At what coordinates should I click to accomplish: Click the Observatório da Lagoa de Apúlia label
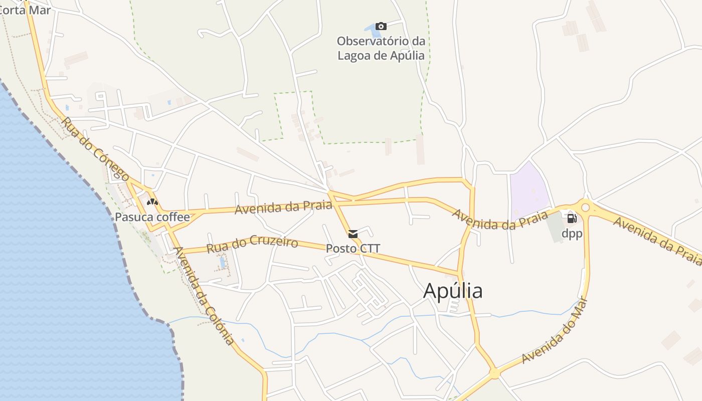381,48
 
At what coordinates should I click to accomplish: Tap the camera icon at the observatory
381,27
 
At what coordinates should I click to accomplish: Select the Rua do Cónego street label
95,149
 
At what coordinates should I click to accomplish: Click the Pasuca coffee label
152,217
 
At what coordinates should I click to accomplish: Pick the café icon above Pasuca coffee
152,202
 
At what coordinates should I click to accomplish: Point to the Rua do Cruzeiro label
252,245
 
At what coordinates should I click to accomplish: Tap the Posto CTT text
353,248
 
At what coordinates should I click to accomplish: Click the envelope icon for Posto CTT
353,234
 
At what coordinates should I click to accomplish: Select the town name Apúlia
453,291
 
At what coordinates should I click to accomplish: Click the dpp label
571,233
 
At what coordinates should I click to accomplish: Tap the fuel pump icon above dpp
572,218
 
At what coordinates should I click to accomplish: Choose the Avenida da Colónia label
203,296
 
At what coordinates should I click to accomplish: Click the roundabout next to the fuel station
585,208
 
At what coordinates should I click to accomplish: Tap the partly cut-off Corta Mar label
25,10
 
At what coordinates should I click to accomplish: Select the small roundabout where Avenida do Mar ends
494,373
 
